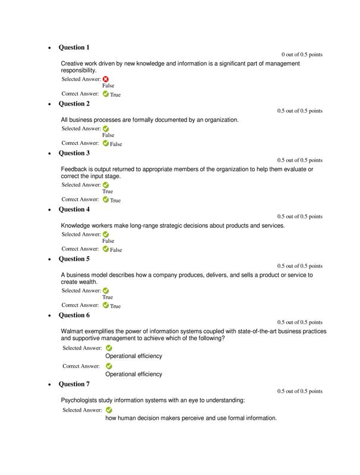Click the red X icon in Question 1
pyautogui.click(x=106, y=79)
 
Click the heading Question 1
pyautogui.click(x=74, y=47)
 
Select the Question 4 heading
pyautogui.click(x=74, y=210)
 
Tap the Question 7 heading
pyautogui.click(x=74, y=384)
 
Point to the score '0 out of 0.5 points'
pyautogui.click(x=302, y=55)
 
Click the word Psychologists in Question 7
pyautogui.click(x=79, y=400)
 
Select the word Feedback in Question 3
pyautogui.click(x=74, y=169)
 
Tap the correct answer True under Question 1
pyautogui.click(x=115, y=94)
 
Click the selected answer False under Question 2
pyautogui.click(x=108, y=135)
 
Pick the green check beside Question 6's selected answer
pyautogui.click(x=109, y=349)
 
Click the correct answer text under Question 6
pyautogui.click(x=134, y=375)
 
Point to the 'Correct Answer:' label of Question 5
pyautogui.click(x=80, y=305)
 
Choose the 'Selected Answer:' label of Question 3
pyautogui.click(x=81, y=185)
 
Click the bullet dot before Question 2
pyautogui.click(x=49, y=104)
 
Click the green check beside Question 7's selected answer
pyautogui.click(x=109, y=410)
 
